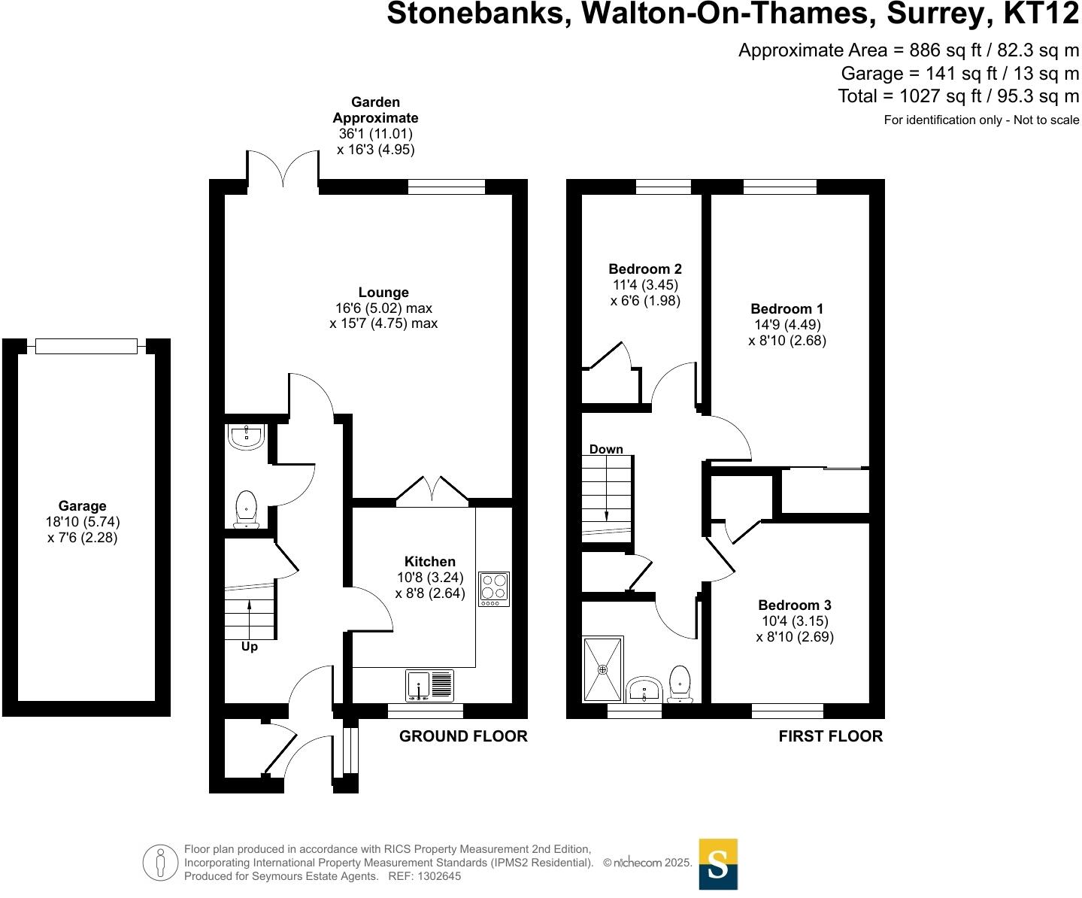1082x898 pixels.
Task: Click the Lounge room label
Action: (x=383, y=293)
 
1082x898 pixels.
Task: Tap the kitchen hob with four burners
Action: (x=494, y=589)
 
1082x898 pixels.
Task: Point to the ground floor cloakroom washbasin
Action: (x=245, y=437)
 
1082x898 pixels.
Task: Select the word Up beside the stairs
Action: (x=249, y=647)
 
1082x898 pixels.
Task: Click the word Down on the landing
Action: (x=606, y=449)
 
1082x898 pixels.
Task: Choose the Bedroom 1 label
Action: (x=786, y=308)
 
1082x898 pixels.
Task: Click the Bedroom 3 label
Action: (x=794, y=605)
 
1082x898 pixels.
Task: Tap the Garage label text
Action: (x=83, y=506)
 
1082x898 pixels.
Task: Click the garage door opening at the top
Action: (x=86, y=346)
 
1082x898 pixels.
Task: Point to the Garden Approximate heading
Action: (x=375, y=110)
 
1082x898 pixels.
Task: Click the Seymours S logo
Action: (x=718, y=864)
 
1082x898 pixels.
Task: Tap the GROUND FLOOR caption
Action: (x=463, y=736)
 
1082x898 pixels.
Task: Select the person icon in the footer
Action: (x=159, y=863)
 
